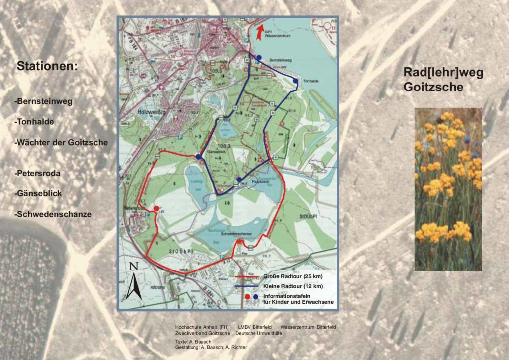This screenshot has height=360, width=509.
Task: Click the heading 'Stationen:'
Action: point(47,66)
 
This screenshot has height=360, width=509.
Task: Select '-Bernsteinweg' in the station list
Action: point(44,101)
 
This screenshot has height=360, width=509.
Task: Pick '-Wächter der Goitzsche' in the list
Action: point(62,142)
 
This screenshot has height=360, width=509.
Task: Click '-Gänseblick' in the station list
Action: point(38,193)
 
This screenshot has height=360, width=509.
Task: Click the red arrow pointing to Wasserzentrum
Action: point(259,33)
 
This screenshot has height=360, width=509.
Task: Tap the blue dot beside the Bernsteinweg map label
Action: point(258,58)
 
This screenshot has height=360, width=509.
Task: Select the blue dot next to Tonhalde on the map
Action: point(295,81)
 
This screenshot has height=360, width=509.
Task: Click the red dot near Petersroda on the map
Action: point(156,208)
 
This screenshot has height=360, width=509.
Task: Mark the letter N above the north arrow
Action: point(133,266)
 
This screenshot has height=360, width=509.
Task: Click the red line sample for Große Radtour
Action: point(246,277)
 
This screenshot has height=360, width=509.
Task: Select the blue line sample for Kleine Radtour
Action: point(246,286)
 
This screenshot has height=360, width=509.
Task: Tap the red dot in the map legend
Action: point(247,296)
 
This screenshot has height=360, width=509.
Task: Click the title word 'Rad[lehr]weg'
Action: point(443,73)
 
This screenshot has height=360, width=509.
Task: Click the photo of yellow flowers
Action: point(448,189)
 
